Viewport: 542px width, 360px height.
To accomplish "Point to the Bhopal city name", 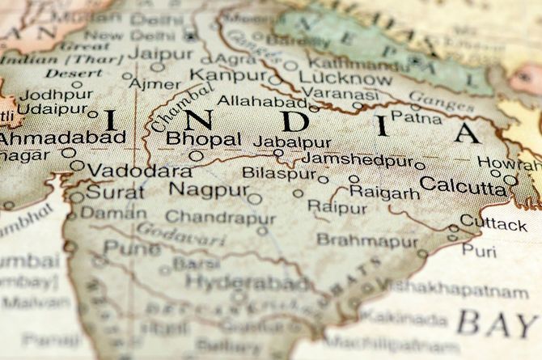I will pos(203,139).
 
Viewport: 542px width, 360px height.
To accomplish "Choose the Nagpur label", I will pos(209,189).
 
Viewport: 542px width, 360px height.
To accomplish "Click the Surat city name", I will pos(116,193).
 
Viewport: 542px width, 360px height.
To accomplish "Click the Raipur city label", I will pos(337,207).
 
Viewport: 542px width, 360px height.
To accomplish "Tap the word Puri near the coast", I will pos(479,251).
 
